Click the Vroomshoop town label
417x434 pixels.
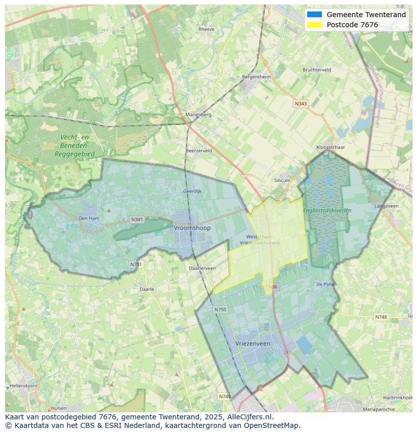[192, 228]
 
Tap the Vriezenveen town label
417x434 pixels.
[253, 343]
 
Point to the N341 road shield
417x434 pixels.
[136, 219]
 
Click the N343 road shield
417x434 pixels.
[301, 103]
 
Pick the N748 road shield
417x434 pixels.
[381, 317]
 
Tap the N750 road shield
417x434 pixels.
[220, 309]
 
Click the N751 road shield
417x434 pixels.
[135, 264]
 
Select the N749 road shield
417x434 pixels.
[225, 397]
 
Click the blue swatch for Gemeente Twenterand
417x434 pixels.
[314, 15]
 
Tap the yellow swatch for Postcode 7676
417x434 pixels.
[314, 25]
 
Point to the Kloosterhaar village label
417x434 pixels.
[330, 147]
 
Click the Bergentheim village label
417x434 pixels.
[256, 77]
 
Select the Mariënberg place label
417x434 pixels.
[198, 114]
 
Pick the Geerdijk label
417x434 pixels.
[192, 192]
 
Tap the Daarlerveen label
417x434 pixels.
[202, 268]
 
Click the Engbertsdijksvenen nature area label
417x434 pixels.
[327, 210]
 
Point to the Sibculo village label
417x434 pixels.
[282, 180]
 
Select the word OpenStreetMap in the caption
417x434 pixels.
[272, 425]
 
